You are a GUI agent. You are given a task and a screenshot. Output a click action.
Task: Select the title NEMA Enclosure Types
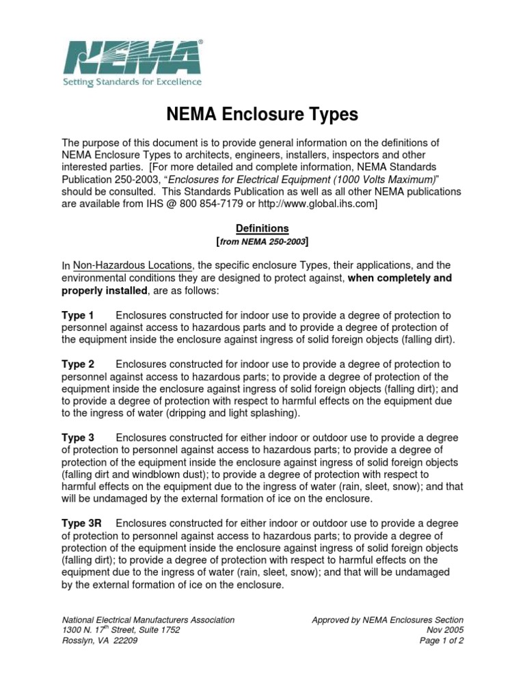point(262,114)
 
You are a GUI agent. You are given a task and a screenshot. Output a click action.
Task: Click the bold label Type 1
point(78,315)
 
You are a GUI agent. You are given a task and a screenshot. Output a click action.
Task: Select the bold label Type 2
point(78,364)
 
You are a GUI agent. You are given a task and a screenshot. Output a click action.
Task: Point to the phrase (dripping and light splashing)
point(226,414)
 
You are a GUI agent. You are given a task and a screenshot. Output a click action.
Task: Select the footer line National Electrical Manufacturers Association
point(148,620)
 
